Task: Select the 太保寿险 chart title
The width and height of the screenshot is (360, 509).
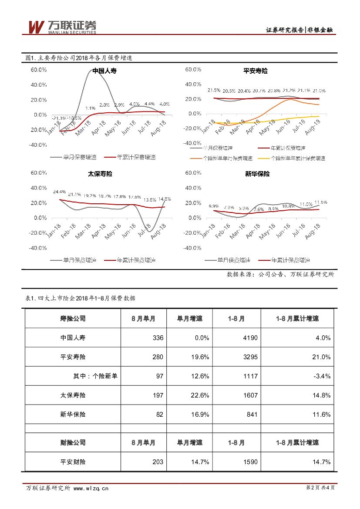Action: click(x=100, y=174)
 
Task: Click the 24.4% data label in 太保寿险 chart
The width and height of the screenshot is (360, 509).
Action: click(x=59, y=192)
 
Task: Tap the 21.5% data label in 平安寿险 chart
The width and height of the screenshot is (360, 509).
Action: click(x=214, y=90)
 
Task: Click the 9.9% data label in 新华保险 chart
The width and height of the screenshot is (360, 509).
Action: click(x=213, y=206)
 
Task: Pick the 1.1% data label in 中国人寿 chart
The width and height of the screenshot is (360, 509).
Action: click(x=91, y=108)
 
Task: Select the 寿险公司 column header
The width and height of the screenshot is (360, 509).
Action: click(x=73, y=318)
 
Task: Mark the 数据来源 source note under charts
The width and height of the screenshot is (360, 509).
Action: click(x=280, y=274)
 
